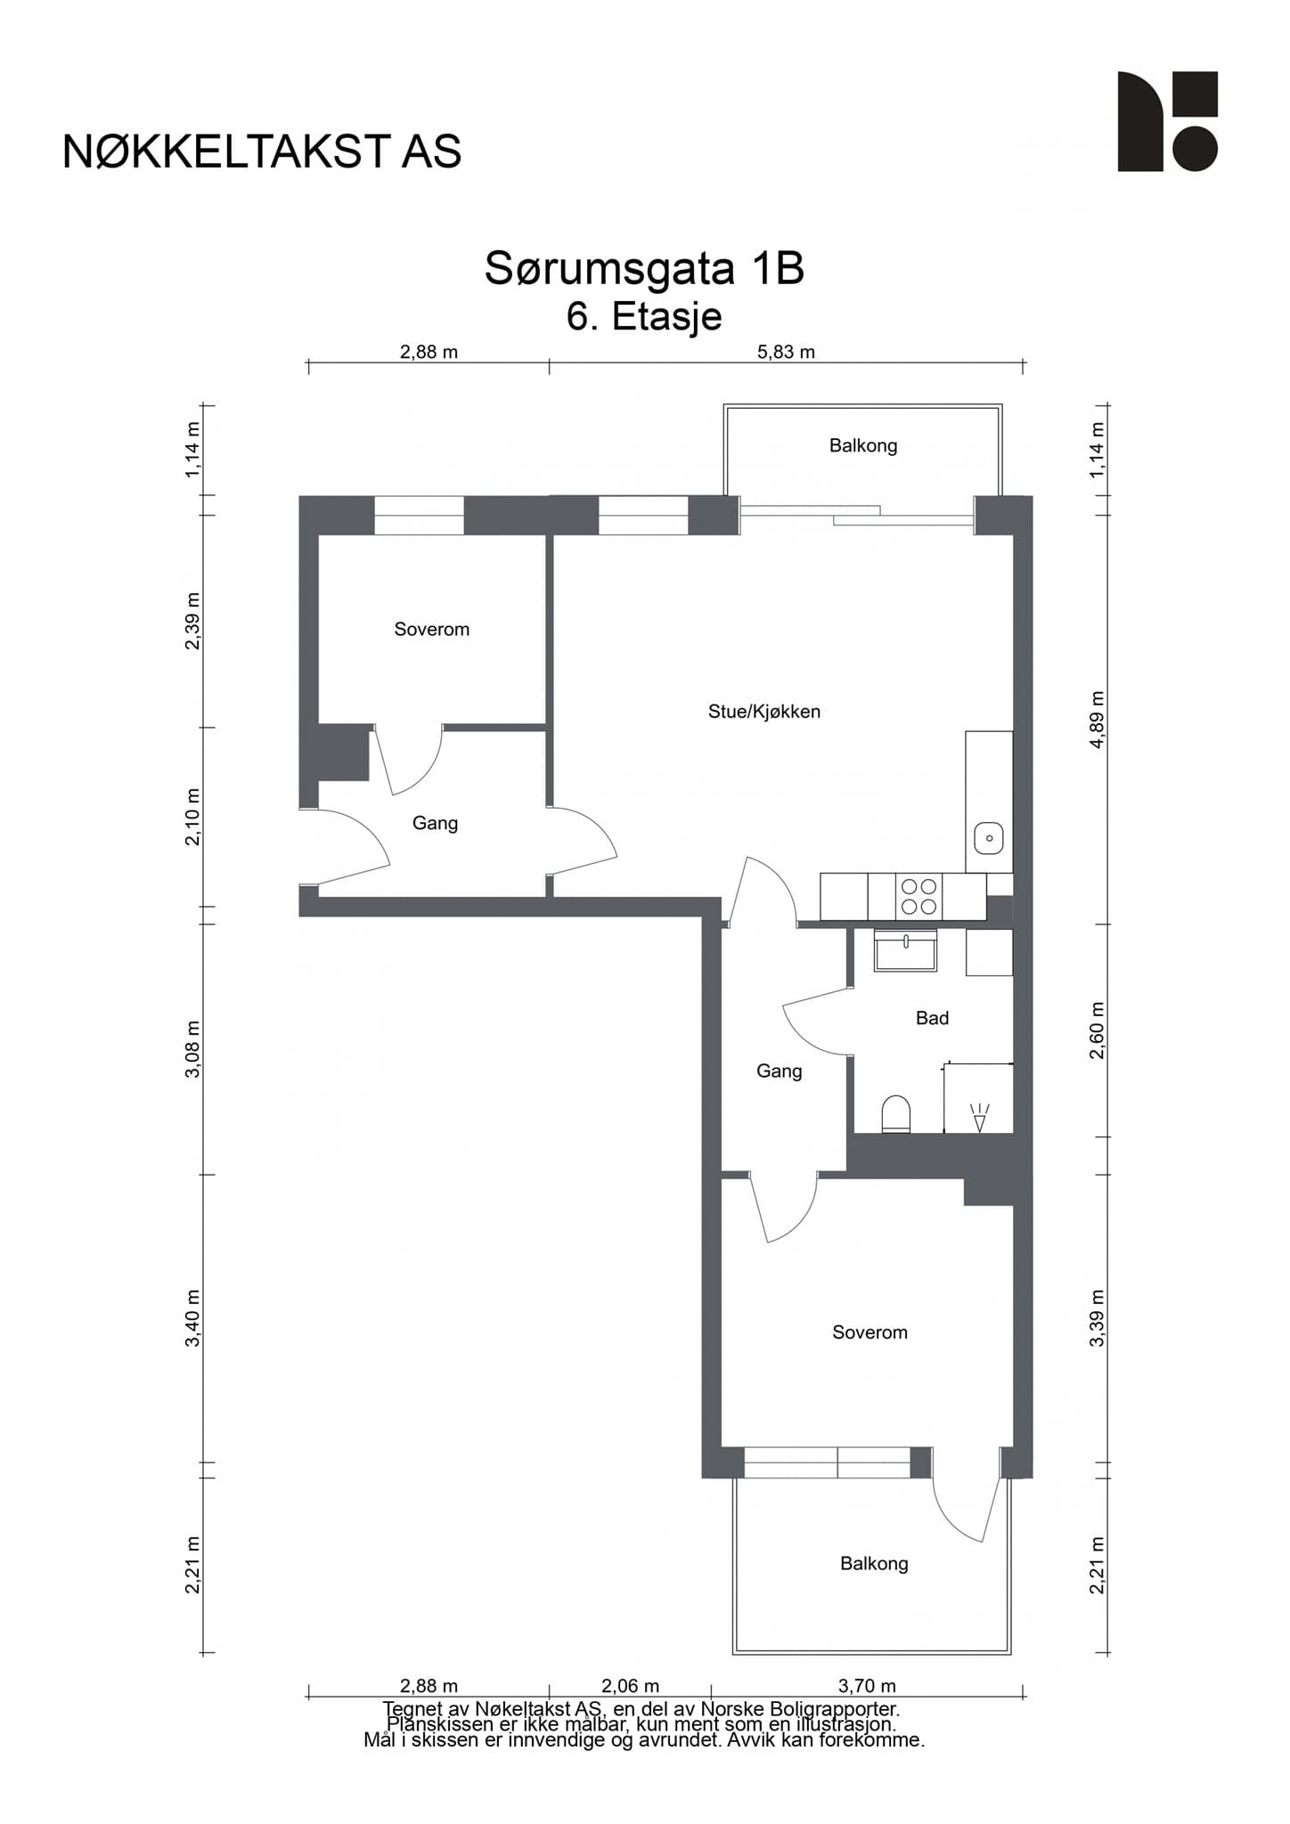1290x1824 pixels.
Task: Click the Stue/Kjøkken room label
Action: pos(763,712)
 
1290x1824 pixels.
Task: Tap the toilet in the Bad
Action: pos(896,1114)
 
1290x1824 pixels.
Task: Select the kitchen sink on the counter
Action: pos(989,839)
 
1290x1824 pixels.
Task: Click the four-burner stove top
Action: pos(919,896)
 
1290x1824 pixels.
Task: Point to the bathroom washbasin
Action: pos(905,950)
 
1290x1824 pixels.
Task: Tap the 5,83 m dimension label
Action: pos(786,352)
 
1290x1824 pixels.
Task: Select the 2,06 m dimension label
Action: pos(631,1686)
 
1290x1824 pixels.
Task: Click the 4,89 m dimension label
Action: pos(1097,720)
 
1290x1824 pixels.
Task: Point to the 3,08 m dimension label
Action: pos(192,1049)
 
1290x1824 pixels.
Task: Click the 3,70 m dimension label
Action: pos(867,1686)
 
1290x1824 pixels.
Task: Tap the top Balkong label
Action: pos(863,445)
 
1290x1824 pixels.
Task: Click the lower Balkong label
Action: pos(874,1563)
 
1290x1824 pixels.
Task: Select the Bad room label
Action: pos(932,1018)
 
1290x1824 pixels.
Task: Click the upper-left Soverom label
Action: pos(431,630)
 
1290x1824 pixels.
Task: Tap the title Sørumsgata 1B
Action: pos(644,269)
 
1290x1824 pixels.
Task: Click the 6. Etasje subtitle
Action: pos(644,317)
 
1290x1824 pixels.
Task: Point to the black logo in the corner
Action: pos(1168,121)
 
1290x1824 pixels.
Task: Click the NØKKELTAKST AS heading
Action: pos(262,152)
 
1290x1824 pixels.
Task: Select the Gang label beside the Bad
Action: pos(780,1071)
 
